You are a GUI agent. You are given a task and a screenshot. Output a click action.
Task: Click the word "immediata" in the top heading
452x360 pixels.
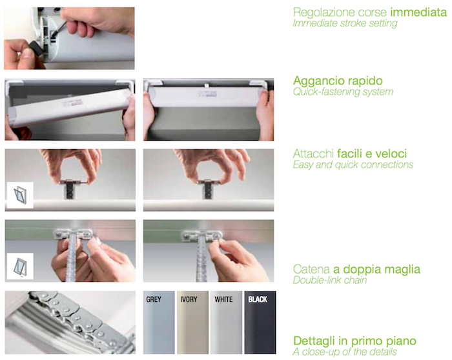(x=418, y=12)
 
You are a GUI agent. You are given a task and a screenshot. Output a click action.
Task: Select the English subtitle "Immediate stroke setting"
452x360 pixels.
(x=345, y=23)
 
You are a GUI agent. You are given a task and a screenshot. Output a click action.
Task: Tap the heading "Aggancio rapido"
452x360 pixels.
(x=338, y=81)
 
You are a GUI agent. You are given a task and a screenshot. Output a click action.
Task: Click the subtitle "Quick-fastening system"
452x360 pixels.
(x=343, y=92)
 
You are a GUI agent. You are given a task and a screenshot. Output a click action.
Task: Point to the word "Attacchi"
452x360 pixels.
(x=313, y=154)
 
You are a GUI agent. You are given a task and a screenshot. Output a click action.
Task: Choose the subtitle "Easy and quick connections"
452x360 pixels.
(x=353, y=165)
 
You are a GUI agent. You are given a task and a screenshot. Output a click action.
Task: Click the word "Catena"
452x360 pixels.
(x=311, y=269)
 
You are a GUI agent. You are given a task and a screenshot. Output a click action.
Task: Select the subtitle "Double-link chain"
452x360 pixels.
(x=330, y=280)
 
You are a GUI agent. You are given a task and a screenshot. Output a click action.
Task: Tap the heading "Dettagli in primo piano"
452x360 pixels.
(x=355, y=341)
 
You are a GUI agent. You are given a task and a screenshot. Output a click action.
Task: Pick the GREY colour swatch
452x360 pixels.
(x=159, y=323)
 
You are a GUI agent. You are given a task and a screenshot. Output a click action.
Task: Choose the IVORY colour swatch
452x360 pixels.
(x=192, y=323)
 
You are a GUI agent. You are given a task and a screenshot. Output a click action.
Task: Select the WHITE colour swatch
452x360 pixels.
(x=226, y=323)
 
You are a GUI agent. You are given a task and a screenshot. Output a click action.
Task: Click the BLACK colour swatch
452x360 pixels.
(x=260, y=323)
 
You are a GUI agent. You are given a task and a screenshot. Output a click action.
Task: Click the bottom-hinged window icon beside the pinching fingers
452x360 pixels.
(x=20, y=195)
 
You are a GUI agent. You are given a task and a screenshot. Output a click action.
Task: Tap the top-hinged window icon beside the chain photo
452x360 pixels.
(x=20, y=266)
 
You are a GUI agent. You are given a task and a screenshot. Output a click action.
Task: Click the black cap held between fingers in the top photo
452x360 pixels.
(x=36, y=48)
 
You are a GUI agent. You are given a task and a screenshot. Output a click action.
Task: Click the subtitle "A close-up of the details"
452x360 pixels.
(x=345, y=352)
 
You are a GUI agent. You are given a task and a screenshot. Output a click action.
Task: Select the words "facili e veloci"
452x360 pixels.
(x=372, y=154)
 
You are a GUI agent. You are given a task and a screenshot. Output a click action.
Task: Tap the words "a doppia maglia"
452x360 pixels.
(x=376, y=270)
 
